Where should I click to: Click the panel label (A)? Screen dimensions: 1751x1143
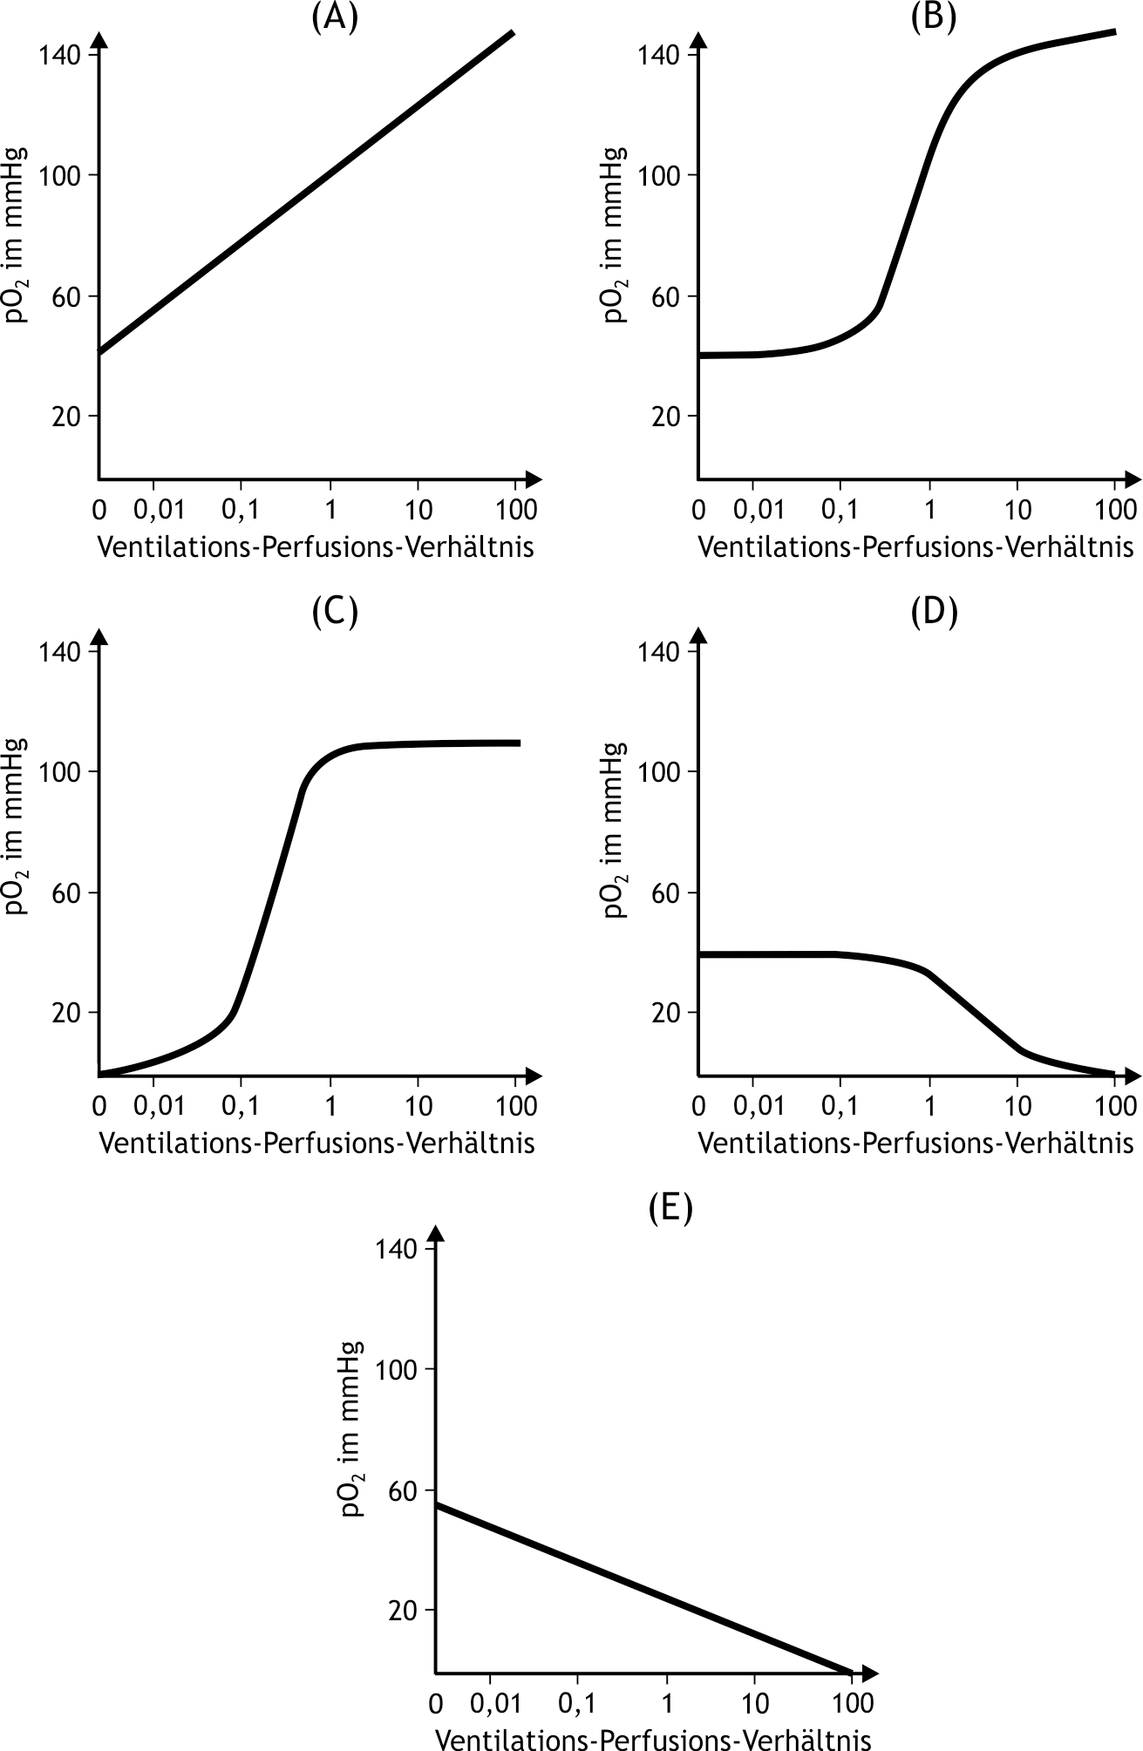[335, 17]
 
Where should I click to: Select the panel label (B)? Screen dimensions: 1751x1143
[934, 17]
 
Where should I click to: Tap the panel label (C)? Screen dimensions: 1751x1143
[335, 613]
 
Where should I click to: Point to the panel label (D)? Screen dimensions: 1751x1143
[934, 613]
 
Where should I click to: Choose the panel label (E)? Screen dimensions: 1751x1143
[670, 1209]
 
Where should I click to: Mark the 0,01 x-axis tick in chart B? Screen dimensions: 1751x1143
[759, 510]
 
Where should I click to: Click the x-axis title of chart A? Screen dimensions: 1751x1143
[316, 547]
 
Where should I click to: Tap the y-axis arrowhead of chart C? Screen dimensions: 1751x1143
[99, 638]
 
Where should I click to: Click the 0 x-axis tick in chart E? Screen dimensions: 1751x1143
[436, 1703]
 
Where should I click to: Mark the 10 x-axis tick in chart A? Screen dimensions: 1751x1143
[418, 510]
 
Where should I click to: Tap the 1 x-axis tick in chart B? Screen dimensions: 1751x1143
[929, 510]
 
